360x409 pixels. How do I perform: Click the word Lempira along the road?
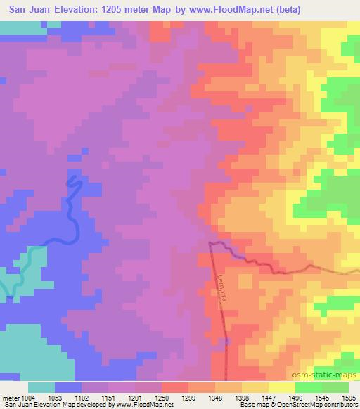pyautogui.click(x=222, y=285)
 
